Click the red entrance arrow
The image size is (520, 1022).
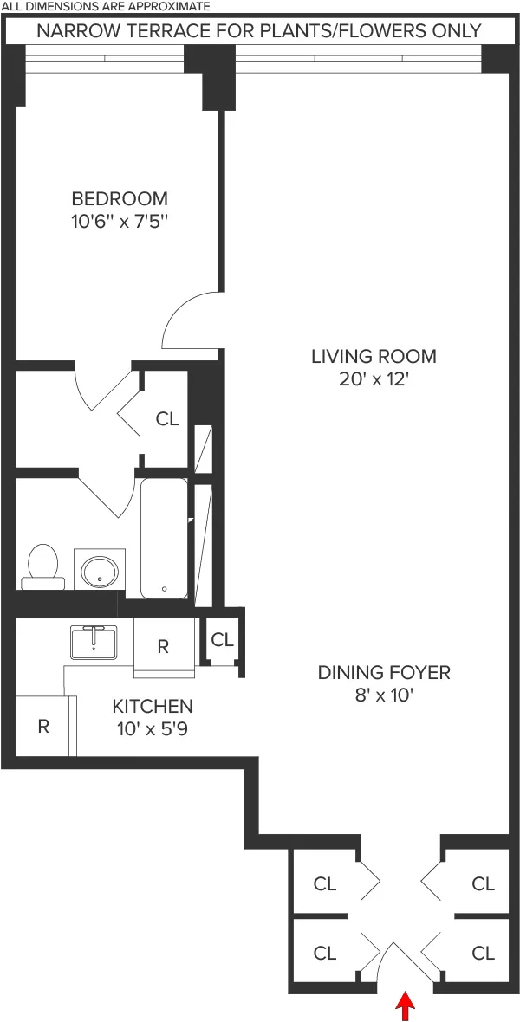click(x=405, y=1006)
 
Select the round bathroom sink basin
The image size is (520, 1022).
click(x=100, y=570)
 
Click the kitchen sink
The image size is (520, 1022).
click(x=94, y=641)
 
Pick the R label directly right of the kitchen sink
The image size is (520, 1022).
click(x=163, y=646)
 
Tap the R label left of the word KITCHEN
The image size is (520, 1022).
click(x=42, y=726)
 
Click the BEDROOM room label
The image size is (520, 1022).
click(x=120, y=198)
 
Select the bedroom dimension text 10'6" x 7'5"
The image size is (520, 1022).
click(x=120, y=221)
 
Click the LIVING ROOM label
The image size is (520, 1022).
click(x=374, y=356)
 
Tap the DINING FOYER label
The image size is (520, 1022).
click(x=384, y=672)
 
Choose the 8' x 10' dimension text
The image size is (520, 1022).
click(x=384, y=695)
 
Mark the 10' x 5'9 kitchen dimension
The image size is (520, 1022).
click(x=153, y=728)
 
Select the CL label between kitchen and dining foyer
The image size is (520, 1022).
click(x=223, y=640)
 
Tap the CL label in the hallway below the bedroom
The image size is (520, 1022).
click(x=166, y=419)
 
